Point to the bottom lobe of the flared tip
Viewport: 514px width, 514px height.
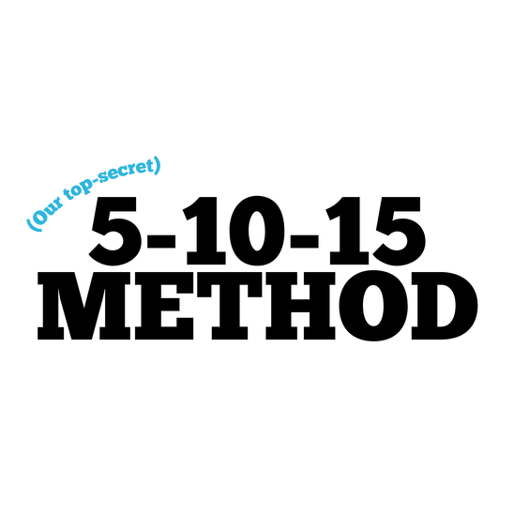point(157,174)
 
